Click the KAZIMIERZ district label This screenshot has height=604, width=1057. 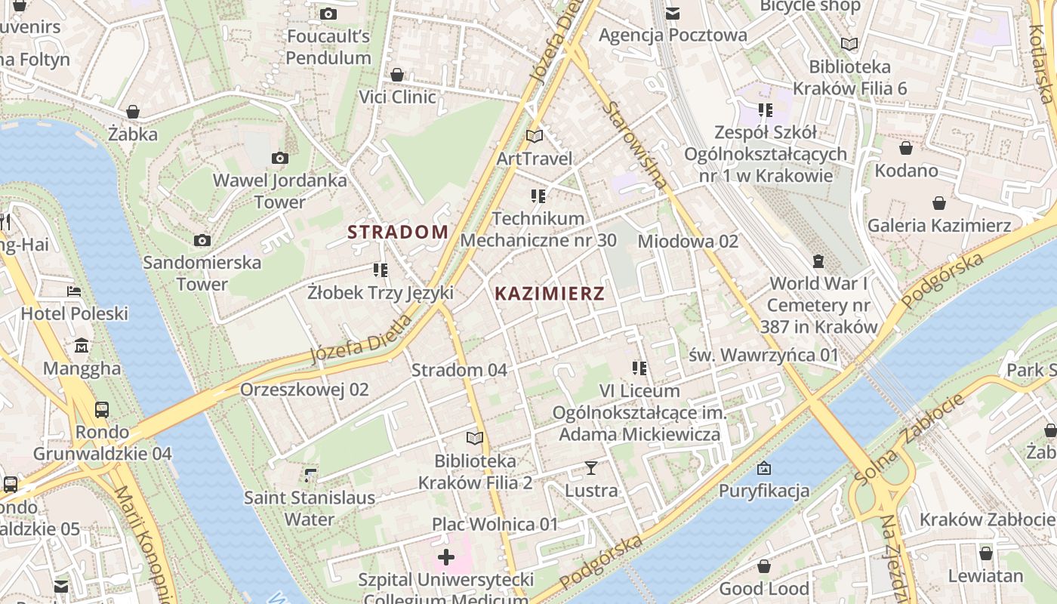point(550,294)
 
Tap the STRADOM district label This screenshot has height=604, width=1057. point(398,232)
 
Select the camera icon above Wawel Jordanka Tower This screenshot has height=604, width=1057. point(280,159)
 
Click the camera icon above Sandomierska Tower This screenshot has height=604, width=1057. point(202,241)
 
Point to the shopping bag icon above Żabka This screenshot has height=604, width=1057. point(133,112)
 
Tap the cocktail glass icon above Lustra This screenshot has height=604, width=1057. point(591,468)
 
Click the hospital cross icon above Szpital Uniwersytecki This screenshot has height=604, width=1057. point(446,558)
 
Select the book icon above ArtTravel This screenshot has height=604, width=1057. point(535,137)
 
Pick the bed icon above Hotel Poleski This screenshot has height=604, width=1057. point(74,291)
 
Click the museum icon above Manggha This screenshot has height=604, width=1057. point(82,347)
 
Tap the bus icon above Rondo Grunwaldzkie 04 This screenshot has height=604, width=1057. point(102,410)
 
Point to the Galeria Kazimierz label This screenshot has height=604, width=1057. point(938,225)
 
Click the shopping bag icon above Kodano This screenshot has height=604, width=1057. point(906,148)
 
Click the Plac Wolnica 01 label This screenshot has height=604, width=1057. point(495,524)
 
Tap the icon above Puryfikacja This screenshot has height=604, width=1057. point(764,469)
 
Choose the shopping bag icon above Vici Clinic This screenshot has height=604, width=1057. point(397,75)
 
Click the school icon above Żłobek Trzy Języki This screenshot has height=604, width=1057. point(381,270)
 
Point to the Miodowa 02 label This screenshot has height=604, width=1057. point(688,242)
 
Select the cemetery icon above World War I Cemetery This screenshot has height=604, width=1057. point(818,262)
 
